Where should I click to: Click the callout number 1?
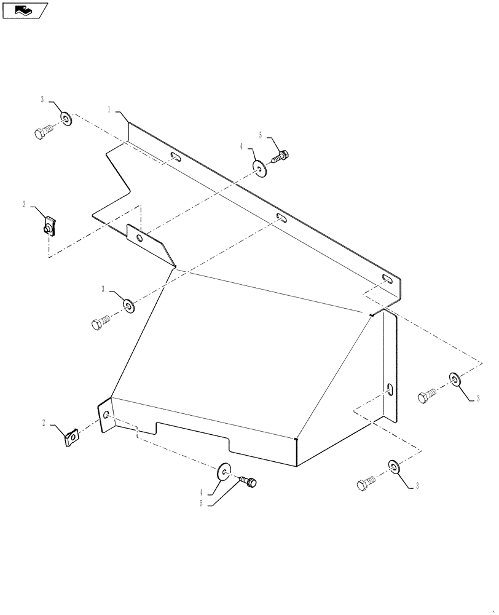pos(109,110)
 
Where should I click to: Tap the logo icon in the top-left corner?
pos(25,10)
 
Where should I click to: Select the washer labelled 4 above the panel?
pos(259,168)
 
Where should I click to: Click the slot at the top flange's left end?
pos(175,157)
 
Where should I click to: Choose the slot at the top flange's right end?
pos(387,280)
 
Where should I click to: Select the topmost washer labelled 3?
pos(65,118)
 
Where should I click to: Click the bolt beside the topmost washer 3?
pos(44,131)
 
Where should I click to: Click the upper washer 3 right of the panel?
pos(455,379)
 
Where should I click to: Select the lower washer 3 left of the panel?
pos(128,305)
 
